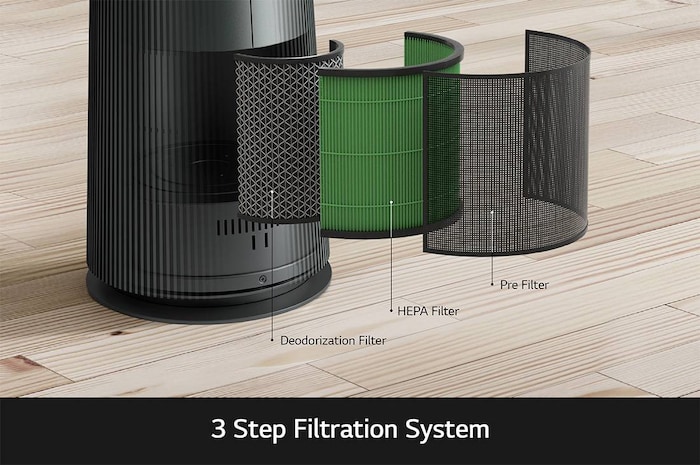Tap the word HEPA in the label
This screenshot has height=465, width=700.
coord(411,312)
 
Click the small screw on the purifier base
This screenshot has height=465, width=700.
coord(263,281)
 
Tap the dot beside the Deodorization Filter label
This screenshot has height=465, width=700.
coord(272,341)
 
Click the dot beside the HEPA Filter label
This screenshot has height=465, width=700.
coord(390,312)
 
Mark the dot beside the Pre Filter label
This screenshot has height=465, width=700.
coord(492,285)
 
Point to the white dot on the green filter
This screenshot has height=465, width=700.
coord(390,201)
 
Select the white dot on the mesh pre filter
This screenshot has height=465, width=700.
coord(492,212)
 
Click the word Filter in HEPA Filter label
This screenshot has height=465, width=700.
coord(444,312)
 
